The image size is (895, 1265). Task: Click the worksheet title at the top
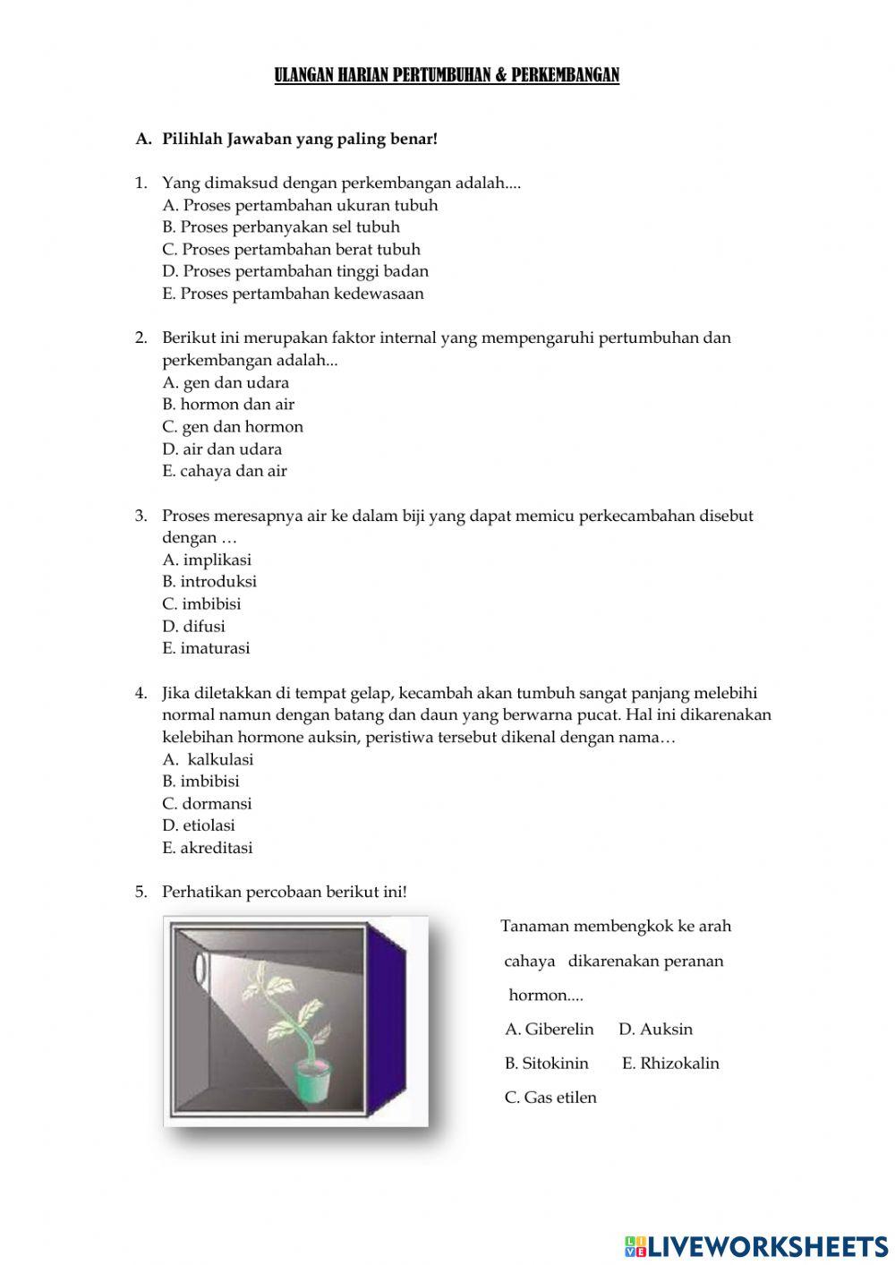(447, 75)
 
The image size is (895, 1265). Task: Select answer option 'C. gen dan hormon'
(233, 427)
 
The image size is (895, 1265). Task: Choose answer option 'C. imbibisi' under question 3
(201, 604)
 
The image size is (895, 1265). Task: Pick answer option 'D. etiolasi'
(199, 825)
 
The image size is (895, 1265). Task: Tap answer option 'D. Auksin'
(655, 1030)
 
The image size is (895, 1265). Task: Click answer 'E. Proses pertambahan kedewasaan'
(293, 294)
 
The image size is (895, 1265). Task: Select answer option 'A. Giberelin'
(549, 1030)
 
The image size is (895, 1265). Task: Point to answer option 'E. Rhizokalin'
(670, 1064)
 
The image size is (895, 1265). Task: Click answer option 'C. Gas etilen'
(550, 1098)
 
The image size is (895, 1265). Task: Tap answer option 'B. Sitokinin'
(546, 1064)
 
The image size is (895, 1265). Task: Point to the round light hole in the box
(200, 969)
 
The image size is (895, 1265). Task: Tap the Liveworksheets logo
(756, 1245)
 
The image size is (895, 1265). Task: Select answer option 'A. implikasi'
(207, 560)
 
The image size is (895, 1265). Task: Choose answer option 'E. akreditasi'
(208, 848)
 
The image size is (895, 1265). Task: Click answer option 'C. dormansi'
(207, 804)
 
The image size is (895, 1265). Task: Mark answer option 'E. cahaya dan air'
(225, 471)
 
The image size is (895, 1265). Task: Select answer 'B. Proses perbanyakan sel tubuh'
(281, 227)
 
